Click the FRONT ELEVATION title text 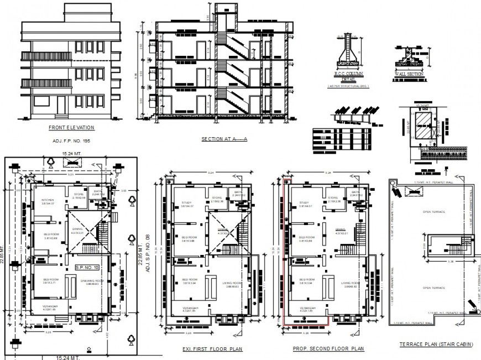click(71, 128)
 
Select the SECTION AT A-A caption click(224, 139)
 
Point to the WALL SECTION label click(409, 74)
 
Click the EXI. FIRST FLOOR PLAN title click(213, 349)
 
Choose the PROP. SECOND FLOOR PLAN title click(328, 349)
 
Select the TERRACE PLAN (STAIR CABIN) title click(436, 345)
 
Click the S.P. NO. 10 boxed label click(87, 268)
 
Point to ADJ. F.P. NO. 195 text click(70, 142)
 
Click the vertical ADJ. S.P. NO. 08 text click(148, 255)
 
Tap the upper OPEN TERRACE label click(434, 212)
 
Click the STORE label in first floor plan click(216, 197)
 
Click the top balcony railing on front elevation click(46, 56)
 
